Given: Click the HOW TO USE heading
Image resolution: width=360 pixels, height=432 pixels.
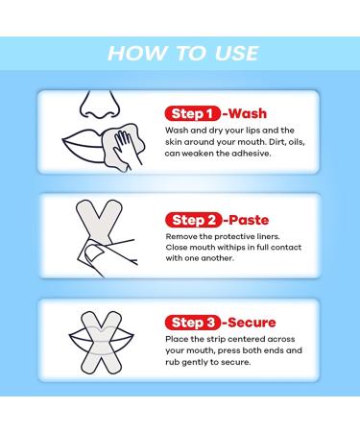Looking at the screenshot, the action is (x=182, y=53).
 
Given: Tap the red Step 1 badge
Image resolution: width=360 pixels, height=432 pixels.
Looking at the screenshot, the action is (x=193, y=113).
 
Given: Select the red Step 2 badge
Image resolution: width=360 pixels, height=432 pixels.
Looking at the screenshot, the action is (x=193, y=220).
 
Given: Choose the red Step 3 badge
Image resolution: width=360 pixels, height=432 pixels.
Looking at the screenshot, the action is (x=193, y=323).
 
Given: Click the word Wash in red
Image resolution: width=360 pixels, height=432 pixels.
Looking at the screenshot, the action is (x=248, y=113).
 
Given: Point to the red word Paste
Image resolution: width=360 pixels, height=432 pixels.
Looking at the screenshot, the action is (x=249, y=220).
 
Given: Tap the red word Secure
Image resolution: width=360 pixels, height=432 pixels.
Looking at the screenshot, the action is (x=252, y=323).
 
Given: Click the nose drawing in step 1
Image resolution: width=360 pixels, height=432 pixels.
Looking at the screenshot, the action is (x=100, y=106).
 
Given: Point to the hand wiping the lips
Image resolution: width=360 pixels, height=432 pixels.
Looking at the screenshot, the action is (x=127, y=147).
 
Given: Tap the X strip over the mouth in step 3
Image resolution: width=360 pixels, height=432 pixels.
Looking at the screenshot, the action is (x=101, y=343).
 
